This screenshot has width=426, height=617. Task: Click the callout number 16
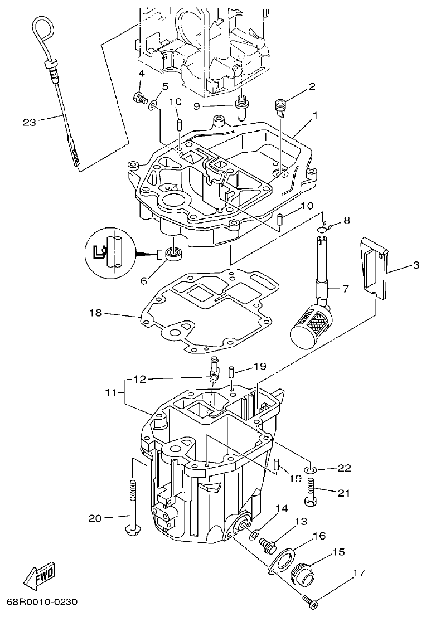pos(334,536)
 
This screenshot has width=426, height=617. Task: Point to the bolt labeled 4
pos(138,98)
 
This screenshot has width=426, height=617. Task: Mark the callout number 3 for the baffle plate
pos(416,265)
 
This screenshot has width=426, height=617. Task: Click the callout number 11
pos(112,392)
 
